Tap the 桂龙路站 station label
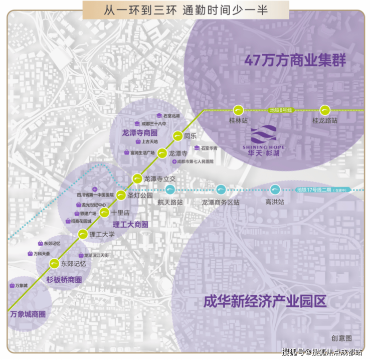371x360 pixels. (325, 121)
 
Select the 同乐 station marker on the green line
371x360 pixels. (177, 136)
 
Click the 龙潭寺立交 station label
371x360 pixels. (160, 178)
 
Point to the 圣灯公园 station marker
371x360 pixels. (121, 195)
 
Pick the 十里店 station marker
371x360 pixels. (104, 213)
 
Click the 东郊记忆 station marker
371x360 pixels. (54, 263)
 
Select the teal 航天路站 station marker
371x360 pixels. (170, 189)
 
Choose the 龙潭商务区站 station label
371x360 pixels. (221, 202)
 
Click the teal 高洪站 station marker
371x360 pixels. (275, 189)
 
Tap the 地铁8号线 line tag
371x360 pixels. (281, 110)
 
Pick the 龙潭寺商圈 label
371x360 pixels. (140, 133)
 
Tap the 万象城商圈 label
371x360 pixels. (28, 315)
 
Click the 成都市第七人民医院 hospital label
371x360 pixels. (195, 162)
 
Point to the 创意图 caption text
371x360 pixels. (341, 338)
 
